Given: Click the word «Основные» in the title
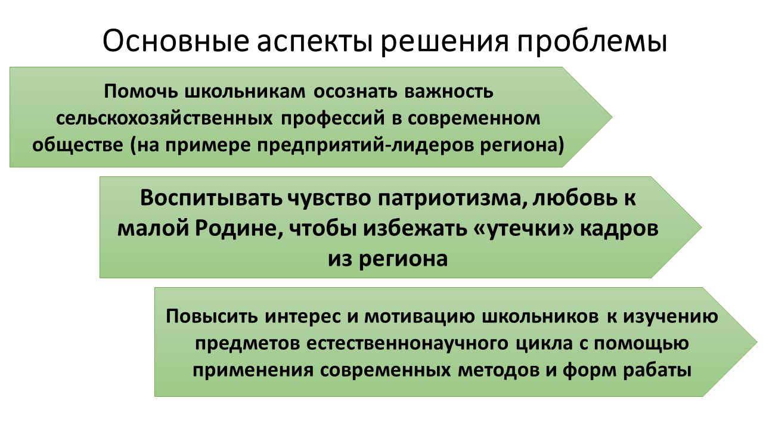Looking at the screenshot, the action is click(x=176, y=41).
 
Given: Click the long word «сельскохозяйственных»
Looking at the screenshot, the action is click(x=164, y=119).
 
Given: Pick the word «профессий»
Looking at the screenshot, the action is click(x=333, y=119).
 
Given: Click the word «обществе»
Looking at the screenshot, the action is click(x=77, y=145).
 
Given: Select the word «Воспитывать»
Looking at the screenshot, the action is click(x=211, y=198).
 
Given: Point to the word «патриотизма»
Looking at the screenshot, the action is click(x=449, y=199).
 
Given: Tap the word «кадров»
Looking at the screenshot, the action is click(x=619, y=229).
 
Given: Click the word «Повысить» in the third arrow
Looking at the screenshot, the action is click(x=212, y=316).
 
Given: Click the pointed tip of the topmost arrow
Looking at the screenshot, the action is click(x=612, y=117).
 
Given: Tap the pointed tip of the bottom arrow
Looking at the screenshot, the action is click(x=757, y=342).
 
